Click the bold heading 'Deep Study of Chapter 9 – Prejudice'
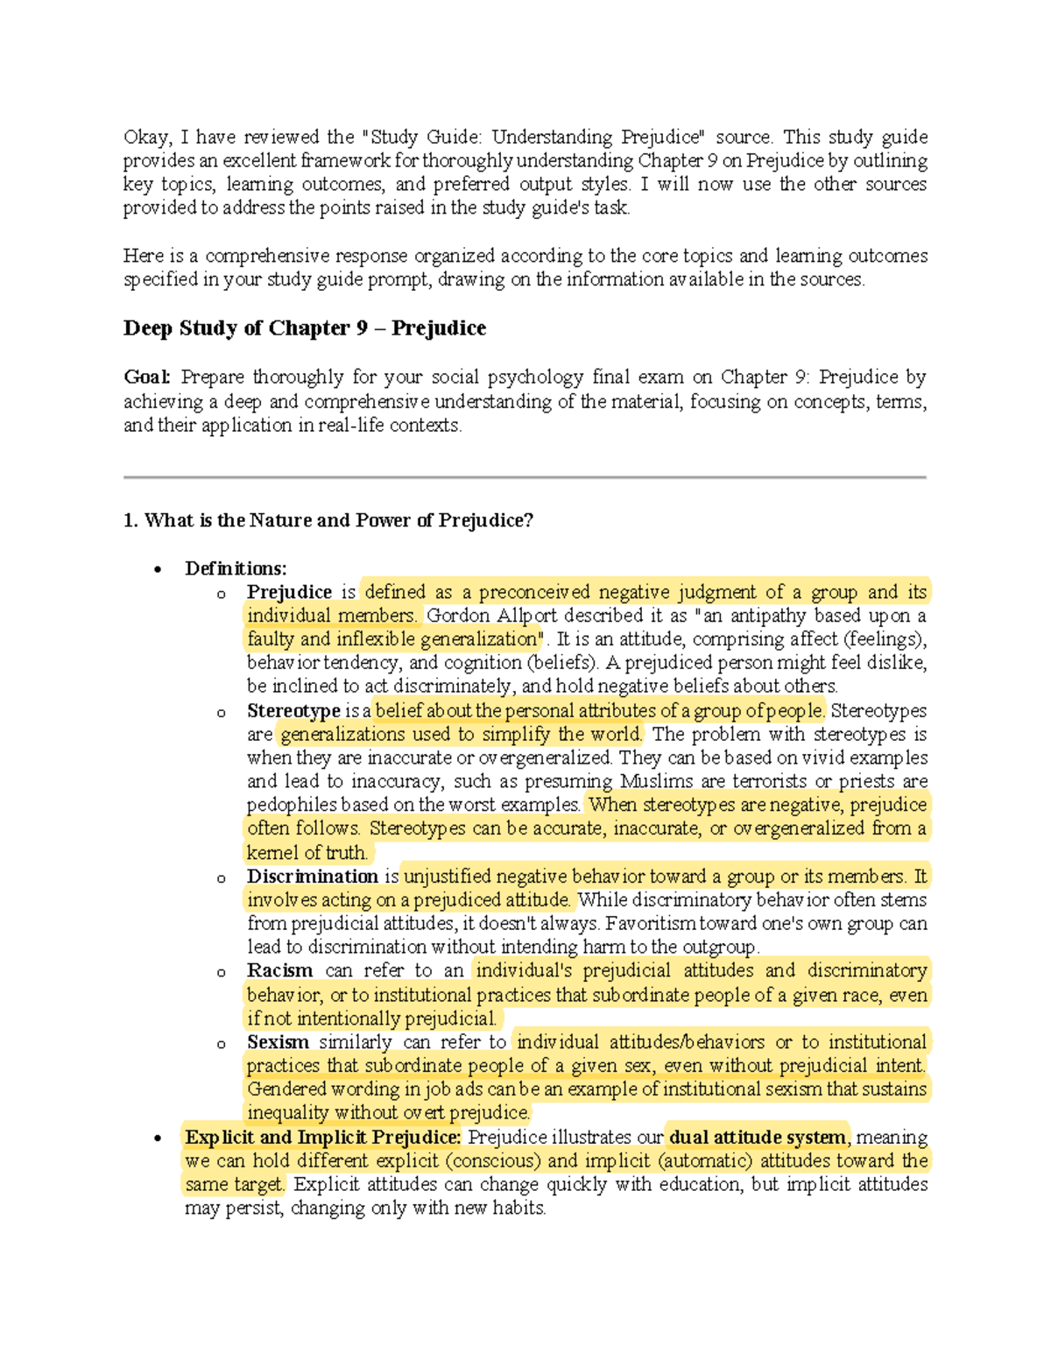[x=304, y=328]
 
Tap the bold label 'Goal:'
[x=146, y=377]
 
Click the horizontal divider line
[x=525, y=477]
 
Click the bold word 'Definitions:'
[x=236, y=568]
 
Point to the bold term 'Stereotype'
[x=293, y=710]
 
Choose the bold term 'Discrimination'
[x=312, y=877]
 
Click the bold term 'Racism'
[x=279, y=970]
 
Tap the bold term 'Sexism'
[x=278, y=1042]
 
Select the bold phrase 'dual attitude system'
[x=757, y=1138]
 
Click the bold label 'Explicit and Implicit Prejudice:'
[x=322, y=1138]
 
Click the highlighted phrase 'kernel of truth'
[x=306, y=853]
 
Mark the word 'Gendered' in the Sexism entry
[x=284, y=1089]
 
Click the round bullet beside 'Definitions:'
[x=158, y=570]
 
